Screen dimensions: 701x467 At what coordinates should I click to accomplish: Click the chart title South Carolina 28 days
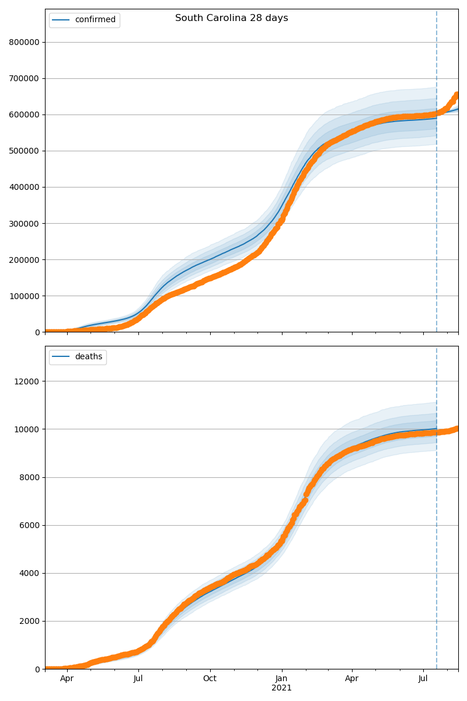(x=232, y=18)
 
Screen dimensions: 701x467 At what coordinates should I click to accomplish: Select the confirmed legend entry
(x=95, y=20)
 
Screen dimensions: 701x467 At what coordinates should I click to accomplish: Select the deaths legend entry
(x=88, y=357)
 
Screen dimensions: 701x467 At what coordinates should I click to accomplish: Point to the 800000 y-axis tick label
(x=25, y=42)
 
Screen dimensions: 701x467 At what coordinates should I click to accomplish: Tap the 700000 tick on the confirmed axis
(x=25, y=78)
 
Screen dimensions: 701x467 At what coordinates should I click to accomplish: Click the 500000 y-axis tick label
(x=25, y=151)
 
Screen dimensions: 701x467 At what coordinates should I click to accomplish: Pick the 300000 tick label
(x=25, y=223)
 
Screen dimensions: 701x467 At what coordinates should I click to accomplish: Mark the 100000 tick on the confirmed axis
(x=25, y=296)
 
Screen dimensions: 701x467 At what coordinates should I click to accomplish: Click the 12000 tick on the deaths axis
(x=27, y=381)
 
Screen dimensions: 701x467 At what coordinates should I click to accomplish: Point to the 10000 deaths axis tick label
(x=27, y=429)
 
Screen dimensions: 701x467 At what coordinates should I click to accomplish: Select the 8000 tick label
(x=29, y=477)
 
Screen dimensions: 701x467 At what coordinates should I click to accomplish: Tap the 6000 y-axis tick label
(x=29, y=525)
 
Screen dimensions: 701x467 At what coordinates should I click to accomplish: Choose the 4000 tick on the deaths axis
(x=29, y=573)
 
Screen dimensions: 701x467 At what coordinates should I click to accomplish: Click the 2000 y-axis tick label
(x=29, y=621)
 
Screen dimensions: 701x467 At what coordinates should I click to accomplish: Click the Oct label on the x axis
(x=210, y=679)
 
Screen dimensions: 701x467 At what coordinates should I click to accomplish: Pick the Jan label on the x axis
(x=281, y=679)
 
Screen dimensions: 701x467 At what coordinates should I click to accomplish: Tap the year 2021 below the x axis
(x=281, y=688)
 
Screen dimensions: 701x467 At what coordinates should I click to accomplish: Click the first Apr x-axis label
(x=67, y=679)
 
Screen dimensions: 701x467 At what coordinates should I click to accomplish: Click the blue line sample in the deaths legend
(x=61, y=357)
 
